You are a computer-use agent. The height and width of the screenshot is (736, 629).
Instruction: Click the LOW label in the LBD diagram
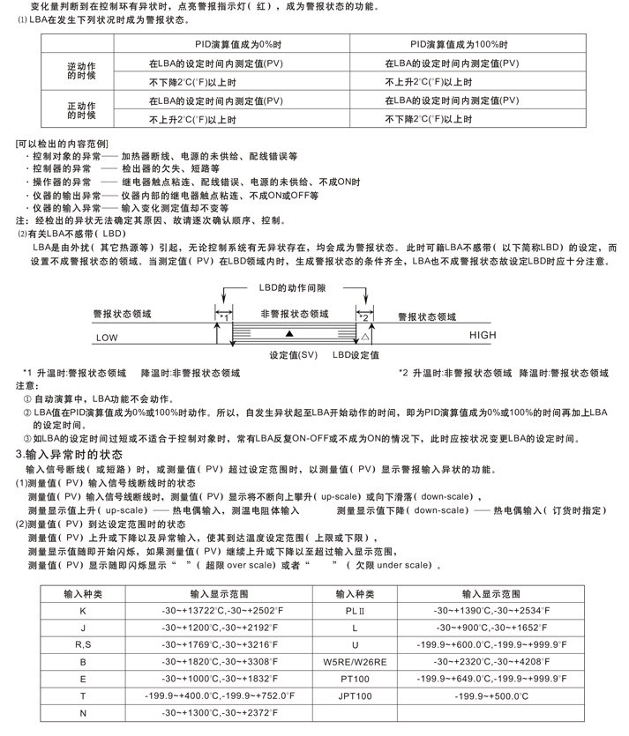[107, 337]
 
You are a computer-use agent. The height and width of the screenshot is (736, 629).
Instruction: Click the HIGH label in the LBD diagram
[484, 336]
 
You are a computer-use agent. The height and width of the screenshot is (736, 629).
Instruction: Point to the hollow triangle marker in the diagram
[365, 337]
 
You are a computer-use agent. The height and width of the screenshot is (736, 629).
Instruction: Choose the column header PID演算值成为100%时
[457, 44]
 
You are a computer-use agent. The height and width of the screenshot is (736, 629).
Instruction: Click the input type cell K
[83, 611]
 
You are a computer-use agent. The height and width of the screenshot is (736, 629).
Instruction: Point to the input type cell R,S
[83, 644]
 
